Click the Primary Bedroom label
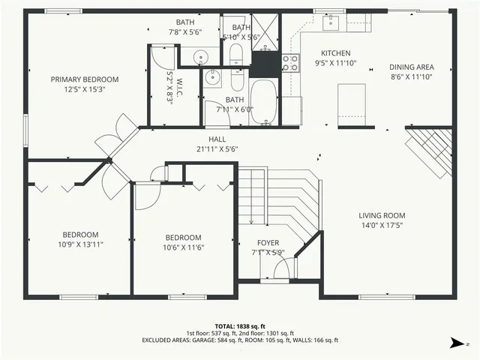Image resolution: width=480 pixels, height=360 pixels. pyautogui.click(x=84, y=79)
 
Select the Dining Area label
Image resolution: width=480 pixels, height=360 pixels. pyautogui.click(x=412, y=67)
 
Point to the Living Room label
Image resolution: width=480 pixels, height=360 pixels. pyautogui.click(x=381, y=216)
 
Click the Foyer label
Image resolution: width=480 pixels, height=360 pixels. pyautogui.click(x=268, y=243)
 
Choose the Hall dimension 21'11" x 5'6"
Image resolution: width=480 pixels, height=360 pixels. pyautogui.click(x=217, y=148)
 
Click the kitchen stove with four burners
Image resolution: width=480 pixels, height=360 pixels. pyautogui.click(x=289, y=63)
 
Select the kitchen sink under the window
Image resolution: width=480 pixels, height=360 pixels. pyautogui.click(x=331, y=22)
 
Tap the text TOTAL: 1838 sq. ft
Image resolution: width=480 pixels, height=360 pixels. pyautogui.click(x=240, y=325)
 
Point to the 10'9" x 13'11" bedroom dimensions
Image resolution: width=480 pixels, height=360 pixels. pyautogui.click(x=82, y=244)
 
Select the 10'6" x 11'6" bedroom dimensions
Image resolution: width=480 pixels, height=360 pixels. pyautogui.click(x=183, y=247)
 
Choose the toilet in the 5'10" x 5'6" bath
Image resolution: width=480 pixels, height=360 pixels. pyautogui.click(x=235, y=52)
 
